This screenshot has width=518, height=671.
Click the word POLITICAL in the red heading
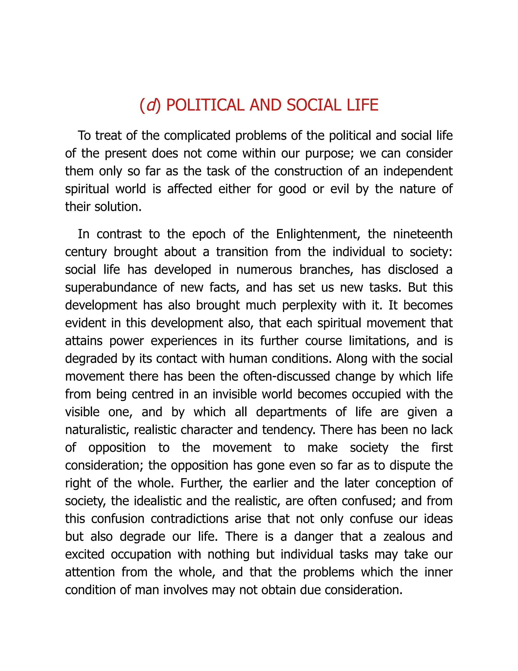pyautogui.click(x=205, y=105)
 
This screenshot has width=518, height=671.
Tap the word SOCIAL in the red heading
pyautogui.click(x=314, y=105)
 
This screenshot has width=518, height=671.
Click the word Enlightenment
pyautogui.click(x=318, y=234)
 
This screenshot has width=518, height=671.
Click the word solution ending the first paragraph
pyautogui.click(x=118, y=207)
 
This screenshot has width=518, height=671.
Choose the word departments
pyautogui.click(x=291, y=412)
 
